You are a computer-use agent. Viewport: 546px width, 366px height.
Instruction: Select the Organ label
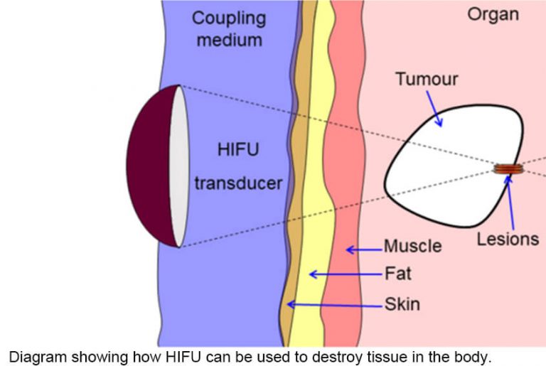493,14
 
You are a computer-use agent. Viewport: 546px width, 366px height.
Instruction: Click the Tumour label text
427,79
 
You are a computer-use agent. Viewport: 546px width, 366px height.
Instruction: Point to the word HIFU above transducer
238,151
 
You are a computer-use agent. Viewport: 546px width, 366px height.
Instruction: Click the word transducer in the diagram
238,183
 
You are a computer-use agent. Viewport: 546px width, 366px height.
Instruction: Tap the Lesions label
508,239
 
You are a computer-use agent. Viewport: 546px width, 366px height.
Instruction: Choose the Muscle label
412,247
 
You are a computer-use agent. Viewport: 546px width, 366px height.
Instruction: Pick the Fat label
397,273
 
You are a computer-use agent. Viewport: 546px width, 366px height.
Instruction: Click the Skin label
402,305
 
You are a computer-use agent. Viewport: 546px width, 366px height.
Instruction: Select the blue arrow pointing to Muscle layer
363,249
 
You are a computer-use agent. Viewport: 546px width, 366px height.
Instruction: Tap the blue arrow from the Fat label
345,274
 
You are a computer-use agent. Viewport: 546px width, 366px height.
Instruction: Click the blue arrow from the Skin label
334,305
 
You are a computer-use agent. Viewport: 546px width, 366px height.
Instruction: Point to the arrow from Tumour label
435,112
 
